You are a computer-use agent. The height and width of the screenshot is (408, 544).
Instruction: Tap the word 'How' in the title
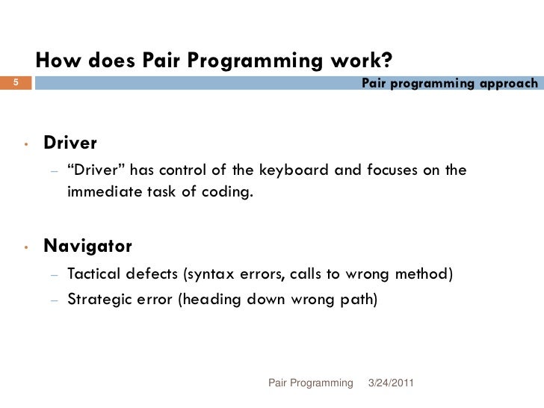(x=57, y=60)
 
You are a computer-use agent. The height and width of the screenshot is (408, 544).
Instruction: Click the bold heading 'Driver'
(x=70, y=142)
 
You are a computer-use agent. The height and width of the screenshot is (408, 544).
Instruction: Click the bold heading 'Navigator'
(x=87, y=246)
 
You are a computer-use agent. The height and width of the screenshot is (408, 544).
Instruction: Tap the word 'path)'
(x=360, y=300)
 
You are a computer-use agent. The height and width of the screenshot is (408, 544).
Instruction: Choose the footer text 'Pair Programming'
(x=310, y=383)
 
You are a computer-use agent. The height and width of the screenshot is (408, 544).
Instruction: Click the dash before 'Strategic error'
(x=54, y=300)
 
